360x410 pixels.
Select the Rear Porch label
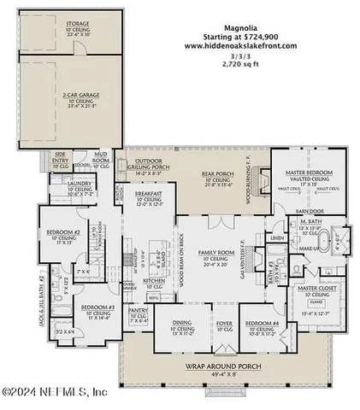click(x=218, y=174)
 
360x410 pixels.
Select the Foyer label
click(x=223, y=323)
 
